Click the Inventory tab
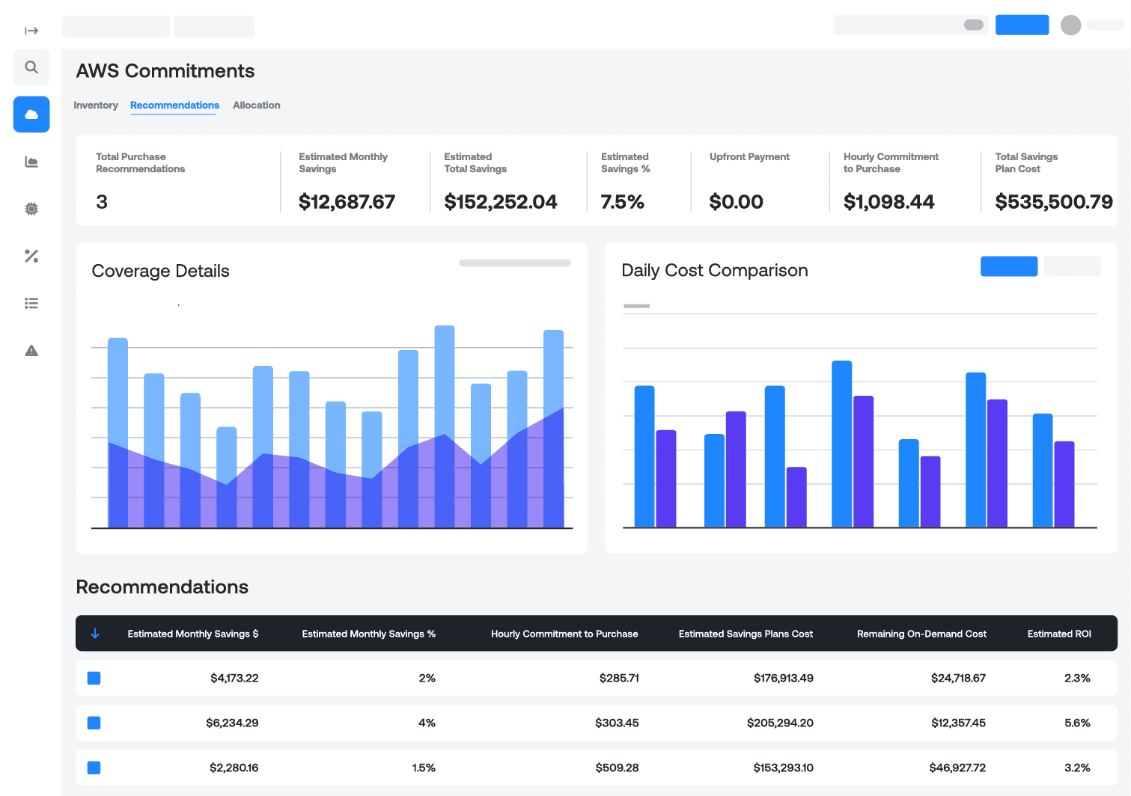(96, 105)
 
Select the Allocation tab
(256, 105)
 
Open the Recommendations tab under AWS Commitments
(174, 105)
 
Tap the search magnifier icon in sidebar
(31, 67)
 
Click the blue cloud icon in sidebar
(31, 114)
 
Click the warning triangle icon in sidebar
(31, 350)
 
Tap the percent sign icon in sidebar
(31, 256)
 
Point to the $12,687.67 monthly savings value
(347, 202)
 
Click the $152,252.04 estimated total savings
(501, 202)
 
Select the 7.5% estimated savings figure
(622, 202)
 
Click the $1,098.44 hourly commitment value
(888, 202)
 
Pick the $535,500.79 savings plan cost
(1053, 202)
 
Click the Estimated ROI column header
(1058, 634)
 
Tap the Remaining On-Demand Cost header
(921, 634)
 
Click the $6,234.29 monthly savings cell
(232, 723)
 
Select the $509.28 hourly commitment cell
(617, 768)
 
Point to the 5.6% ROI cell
(1077, 723)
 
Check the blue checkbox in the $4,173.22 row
(94, 678)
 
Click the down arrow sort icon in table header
(95, 634)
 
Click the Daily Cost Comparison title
(714, 270)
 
